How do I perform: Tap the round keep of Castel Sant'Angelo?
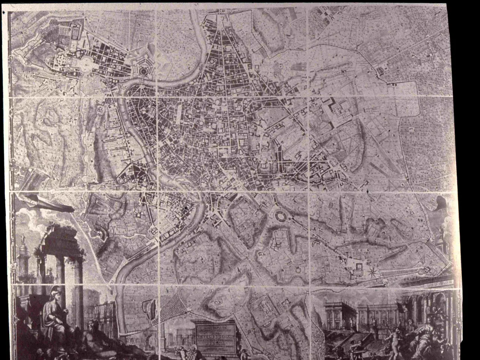[144, 70]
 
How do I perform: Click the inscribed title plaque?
[215, 336]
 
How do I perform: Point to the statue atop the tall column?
[23, 238]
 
